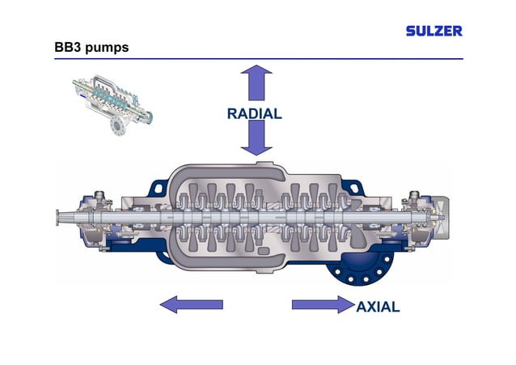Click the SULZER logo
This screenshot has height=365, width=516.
point(434,31)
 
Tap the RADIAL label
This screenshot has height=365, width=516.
point(254,114)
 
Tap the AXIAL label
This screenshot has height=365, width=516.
point(378,307)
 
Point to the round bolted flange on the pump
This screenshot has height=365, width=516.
point(359,266)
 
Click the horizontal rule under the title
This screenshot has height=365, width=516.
point(258,59)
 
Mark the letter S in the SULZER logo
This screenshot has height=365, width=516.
point(411,31)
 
